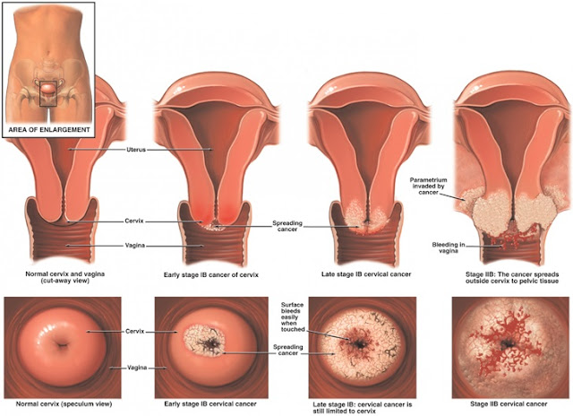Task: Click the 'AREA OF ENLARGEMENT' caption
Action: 49,129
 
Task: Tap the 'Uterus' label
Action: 136,150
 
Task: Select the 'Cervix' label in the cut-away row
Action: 134,221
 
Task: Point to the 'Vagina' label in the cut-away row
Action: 135,246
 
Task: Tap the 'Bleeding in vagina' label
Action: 449,247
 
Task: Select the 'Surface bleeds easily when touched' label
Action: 293,316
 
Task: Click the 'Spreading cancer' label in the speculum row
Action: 288,350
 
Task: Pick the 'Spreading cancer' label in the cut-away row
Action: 287,226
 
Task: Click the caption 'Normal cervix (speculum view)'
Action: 64,404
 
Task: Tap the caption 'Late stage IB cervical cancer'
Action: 366,274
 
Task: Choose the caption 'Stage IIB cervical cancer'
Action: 509,404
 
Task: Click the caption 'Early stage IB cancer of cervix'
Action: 211,274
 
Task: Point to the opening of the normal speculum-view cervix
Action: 63,344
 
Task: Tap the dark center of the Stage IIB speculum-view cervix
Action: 508,343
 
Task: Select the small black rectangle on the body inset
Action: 48,93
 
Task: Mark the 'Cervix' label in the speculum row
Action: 135,332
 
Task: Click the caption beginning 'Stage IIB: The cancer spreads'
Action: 512,277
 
